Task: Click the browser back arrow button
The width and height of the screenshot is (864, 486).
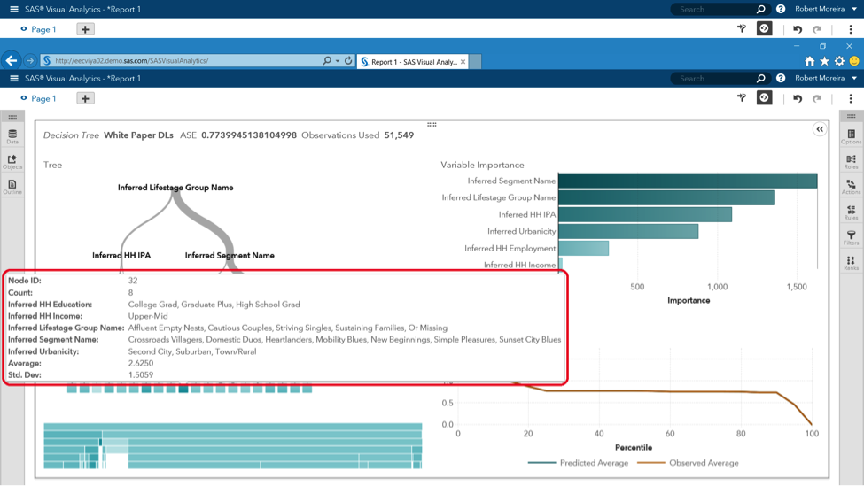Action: tap(12, 61)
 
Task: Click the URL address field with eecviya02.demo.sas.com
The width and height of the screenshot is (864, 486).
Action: tap(177, 61)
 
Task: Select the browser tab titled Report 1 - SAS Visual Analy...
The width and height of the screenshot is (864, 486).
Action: tap(412, 62)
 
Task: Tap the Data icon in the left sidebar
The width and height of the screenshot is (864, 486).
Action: tap(12, 136)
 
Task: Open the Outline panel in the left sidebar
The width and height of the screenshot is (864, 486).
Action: tap(12, 187)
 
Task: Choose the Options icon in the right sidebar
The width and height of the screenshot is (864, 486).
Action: tap(851, 136)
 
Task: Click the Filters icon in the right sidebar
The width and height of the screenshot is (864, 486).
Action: tap(851, 237)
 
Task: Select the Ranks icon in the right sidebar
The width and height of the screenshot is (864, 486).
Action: tap(851, 263)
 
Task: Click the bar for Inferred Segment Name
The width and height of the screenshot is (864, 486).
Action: tap(687, 181)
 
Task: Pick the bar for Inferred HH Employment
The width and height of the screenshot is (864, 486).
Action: tap(583, 249)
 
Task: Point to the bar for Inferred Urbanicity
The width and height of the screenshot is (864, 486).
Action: tap(627, 232)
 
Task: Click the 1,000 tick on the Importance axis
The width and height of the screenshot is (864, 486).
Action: tap(717, 287)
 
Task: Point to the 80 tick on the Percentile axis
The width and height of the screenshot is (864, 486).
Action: tap(741, 434)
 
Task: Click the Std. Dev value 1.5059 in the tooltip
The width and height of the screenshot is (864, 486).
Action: tap(141, 375)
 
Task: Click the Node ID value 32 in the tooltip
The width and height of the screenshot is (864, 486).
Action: tap(133, 281)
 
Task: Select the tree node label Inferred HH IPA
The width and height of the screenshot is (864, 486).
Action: tap(121, 256)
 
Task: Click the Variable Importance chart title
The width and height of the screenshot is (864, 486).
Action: tap(482, 165)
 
